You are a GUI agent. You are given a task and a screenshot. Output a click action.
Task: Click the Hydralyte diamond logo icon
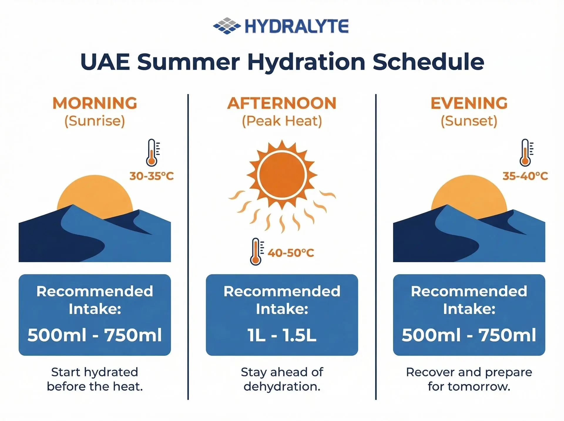226,26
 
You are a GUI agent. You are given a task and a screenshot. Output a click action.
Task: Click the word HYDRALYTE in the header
296,26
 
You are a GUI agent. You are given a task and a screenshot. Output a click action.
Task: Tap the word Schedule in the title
428,62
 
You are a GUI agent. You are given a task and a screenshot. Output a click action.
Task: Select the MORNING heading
95,103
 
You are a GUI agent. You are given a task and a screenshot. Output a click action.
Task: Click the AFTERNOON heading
282,103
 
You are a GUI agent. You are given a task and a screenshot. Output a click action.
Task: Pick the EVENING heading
469,103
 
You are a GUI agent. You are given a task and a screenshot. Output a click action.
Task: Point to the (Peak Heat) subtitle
282,121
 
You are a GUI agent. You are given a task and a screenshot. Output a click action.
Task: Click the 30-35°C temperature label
152,176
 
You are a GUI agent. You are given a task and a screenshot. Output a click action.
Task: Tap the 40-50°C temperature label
291,253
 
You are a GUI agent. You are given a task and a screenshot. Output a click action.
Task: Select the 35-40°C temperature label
525,176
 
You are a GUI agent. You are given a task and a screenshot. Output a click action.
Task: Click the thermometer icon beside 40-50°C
256,252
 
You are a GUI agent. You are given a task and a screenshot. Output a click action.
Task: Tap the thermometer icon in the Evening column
526,153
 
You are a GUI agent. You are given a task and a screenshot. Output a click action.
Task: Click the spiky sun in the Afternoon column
282,175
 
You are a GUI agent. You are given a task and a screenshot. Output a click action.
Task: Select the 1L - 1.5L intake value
282,335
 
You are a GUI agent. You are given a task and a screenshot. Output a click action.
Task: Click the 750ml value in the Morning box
133,335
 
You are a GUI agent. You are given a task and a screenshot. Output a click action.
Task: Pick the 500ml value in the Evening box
431,335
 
